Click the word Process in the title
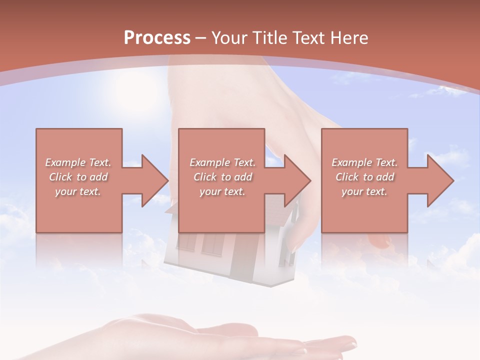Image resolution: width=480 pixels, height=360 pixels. pos(157,38)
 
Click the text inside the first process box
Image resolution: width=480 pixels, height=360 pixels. pos(78,177)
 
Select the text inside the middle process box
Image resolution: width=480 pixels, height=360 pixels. pos(222,177)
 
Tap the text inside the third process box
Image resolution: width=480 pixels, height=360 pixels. pos(364,177)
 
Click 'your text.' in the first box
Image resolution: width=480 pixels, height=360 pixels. pos(78,191)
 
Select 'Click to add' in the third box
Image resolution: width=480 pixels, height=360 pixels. pos(364,177)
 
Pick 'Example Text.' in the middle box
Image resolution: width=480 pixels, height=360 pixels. pos(222,162)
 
